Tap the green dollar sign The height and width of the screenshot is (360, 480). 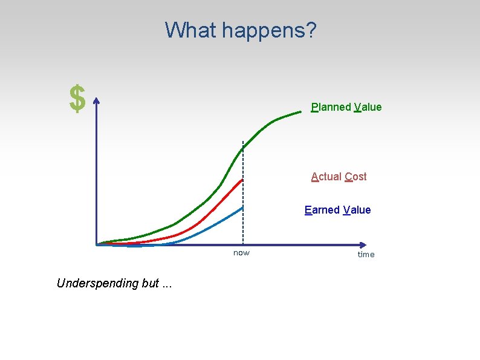click(x=77, y=99)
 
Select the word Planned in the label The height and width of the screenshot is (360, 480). click(x=331, y=107)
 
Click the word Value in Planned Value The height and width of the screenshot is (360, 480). click(x=368, y=107)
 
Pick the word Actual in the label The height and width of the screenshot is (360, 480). click(x=326, y=177)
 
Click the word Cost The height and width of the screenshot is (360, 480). click(x=355, y=177)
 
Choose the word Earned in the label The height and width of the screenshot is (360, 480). click(x=322, y=210)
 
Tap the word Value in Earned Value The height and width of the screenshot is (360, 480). click(x=357, y=210)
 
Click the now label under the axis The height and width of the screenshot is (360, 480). click(x=241, y=252)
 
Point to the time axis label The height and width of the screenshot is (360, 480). click(x=366, y=254)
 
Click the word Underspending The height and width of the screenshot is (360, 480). click(x=97, y=283)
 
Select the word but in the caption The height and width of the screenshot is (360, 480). click(x=150, y=283)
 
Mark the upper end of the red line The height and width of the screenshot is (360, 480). click(x=242, y=180)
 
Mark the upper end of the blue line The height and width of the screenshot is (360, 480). click(x=242, y=208)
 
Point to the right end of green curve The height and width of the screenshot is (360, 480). click(x=300, y=111)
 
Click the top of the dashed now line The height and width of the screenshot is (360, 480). click(x=242, y=142)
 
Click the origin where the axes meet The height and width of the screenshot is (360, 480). click(x=97, y=245)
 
